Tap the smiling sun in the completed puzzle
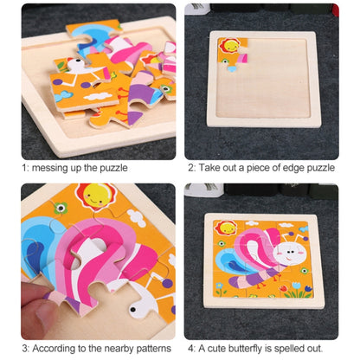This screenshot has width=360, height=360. click(226, 228)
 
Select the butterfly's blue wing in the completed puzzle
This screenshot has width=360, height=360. click(230, 261)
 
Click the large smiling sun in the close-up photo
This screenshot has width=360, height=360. click(95, 196)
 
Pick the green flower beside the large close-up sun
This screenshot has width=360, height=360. click(61, 208)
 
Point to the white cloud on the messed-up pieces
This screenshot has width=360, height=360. click(98, 96)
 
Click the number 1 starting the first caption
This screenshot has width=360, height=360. click(24, 168)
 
